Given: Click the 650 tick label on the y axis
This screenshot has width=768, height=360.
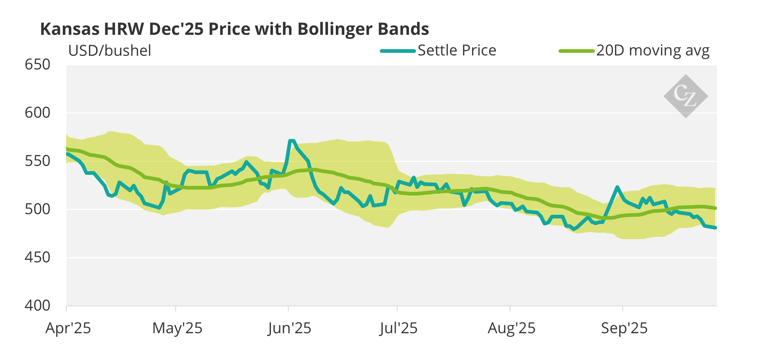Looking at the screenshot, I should pyautogui.click(x=37, y=65).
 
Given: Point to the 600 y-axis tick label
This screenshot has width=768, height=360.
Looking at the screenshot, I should pyautogui.click(x=37, y=113).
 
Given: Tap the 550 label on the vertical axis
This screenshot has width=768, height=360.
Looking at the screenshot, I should pyautogui.click(x=37, y=161).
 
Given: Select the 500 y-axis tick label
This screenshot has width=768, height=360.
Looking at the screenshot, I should pyautogui.click(x=37, y=209).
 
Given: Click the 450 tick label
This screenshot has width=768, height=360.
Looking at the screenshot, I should pyautogui.click(x=37, y=258).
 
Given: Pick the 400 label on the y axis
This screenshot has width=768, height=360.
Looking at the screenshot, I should pyautogui.click(x=37, y=306).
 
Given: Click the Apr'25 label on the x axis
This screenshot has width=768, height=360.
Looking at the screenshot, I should pyautogui.click(x=68, y=328).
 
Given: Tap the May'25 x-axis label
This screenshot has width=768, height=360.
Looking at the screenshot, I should pyautogui.click(x=177, y=328).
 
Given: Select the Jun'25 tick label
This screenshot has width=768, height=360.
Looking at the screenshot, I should pyautogui.click(x=290, y=328).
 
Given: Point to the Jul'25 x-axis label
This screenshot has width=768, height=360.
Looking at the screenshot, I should pyautogui.click(x=398, y=328).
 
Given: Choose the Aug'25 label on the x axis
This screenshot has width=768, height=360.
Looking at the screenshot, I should pyautogui.click(x=512, y=328).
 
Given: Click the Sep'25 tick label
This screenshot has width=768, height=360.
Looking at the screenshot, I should pyautogui.click(x=624, y=328).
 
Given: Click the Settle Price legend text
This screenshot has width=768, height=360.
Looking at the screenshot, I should pyautogui.click(x=457, y=51).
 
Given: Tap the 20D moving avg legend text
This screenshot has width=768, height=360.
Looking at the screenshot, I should pyautogui.click(x=653, y=51).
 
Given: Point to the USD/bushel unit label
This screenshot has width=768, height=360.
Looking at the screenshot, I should pyautogui.click(x=110, y=51).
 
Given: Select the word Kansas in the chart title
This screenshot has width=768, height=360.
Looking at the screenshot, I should pyautogui.click(x=70, y=29).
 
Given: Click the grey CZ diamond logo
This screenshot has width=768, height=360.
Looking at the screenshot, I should pyautogui.click(x=686, y=96).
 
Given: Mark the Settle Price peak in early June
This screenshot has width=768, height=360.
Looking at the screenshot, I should pyautogui.click(x=292, y=141).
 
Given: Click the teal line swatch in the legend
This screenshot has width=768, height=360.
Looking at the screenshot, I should pyautogui.click(x=398, y=51).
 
